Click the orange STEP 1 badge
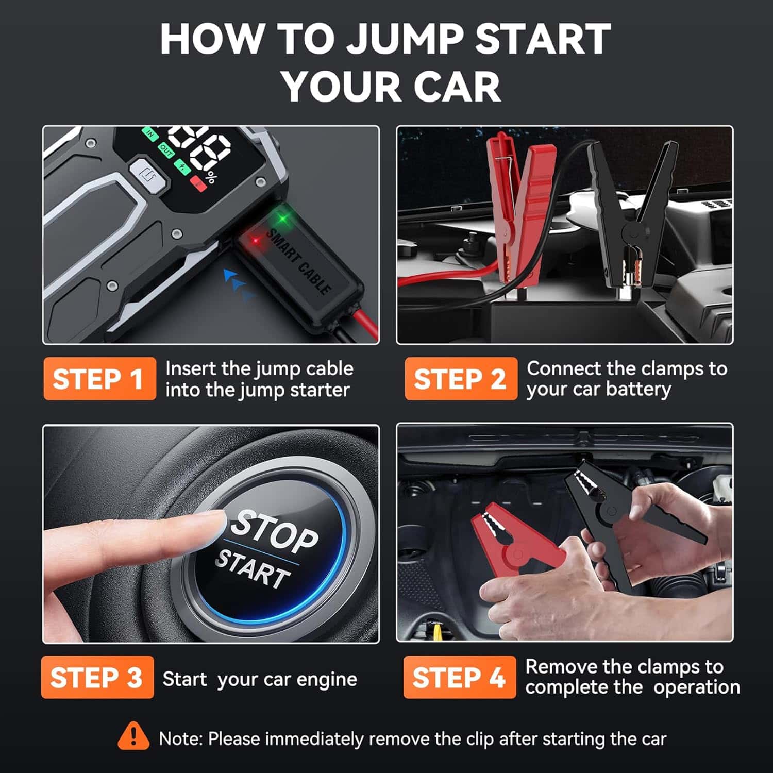pyautogui.click(x=99, y=379)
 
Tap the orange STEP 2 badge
pyautogui.click(x=461, y=379)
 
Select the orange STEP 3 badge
pyautogui.click(x=97, y=677)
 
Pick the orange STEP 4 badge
pyautogui.click(x=459, y=677)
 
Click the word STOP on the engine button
pyautogui.click(x=274, y=531)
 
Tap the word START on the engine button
pyautogui.click(x=253, y=568)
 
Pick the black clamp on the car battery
pyautogui.click(x=634, y=211)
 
